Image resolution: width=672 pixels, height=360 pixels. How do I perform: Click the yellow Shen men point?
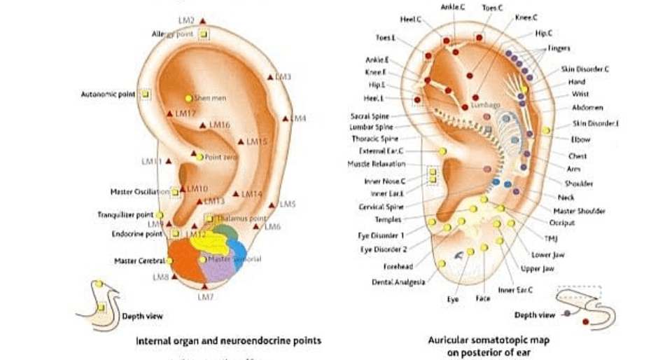click(x=188, y=98)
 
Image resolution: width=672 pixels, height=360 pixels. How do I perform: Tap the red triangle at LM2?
click(x=202, y=22)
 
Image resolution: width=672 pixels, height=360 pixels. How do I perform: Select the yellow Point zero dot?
click(x=199, y=157)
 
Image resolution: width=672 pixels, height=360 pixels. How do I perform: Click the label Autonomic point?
click(x=109, y=94)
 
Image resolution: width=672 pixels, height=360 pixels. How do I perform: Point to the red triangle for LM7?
click(x=204, y=286)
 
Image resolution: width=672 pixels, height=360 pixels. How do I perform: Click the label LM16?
click(x=220, y=125)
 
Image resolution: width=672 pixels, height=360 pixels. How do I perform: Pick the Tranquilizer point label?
click(x=125, y=214)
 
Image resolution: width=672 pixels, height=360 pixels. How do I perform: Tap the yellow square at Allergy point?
click(x=204, y=34)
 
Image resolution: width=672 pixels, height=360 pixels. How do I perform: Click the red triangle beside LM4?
click(x=285, y=119)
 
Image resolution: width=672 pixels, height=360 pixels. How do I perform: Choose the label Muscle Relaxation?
click(x=376, y=164)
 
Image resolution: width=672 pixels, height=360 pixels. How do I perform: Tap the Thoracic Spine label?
click(x=374, y=139)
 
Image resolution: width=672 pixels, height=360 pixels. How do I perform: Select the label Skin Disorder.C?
click(x=585, y=69)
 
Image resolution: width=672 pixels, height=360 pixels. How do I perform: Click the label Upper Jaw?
click(x=537, y=268)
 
